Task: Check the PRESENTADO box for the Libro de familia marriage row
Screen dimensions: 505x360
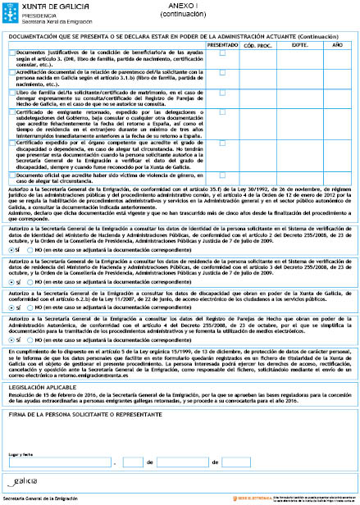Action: (222, 94)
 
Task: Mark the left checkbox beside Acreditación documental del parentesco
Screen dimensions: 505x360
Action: (11, 73)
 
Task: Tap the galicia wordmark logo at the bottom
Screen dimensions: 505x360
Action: (24, 480)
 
